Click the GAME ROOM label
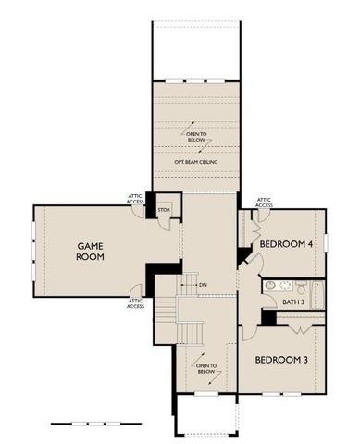(91, 251)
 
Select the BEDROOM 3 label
(280, 358)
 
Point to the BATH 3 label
(292, 302)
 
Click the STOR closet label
(164, 210)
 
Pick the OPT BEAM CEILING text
(195, 162)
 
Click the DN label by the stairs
(202, 285)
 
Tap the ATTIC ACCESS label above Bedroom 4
(264, 203)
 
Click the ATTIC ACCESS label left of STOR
(135, 199)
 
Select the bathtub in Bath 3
(315, 295)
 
